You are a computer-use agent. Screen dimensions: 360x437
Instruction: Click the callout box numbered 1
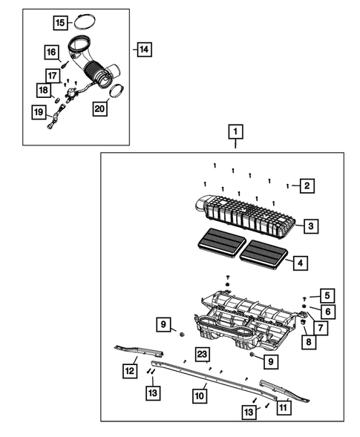click(x=235, y=131)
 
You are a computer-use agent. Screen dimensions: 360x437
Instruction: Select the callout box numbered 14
click(x=144, y=49)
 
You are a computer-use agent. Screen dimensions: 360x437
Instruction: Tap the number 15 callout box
click(x=61, y=22)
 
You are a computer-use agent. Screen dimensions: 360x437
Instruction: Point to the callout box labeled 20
click(x=99, y=108)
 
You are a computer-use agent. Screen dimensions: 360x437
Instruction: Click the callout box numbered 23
click(x=202, y=354)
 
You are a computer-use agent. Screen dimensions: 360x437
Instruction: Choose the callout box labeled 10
click(x=200, y=395)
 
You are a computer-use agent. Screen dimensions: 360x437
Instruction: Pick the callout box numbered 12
click(x=130, y=371)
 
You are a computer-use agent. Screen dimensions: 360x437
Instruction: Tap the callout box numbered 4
click(x=301, y=263)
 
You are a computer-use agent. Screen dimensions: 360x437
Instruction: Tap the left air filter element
click(x=222, y=243)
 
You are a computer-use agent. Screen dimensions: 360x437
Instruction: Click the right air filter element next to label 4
click(x=264, y=254)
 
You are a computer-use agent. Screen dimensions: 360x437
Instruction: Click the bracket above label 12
click(x=139, y=351)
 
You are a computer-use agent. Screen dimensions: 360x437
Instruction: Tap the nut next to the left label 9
click(x=182, y=334)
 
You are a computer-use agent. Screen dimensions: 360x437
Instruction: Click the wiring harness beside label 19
click(x=56, y=116)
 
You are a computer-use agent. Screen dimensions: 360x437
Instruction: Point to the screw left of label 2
click(x=287, y=186)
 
